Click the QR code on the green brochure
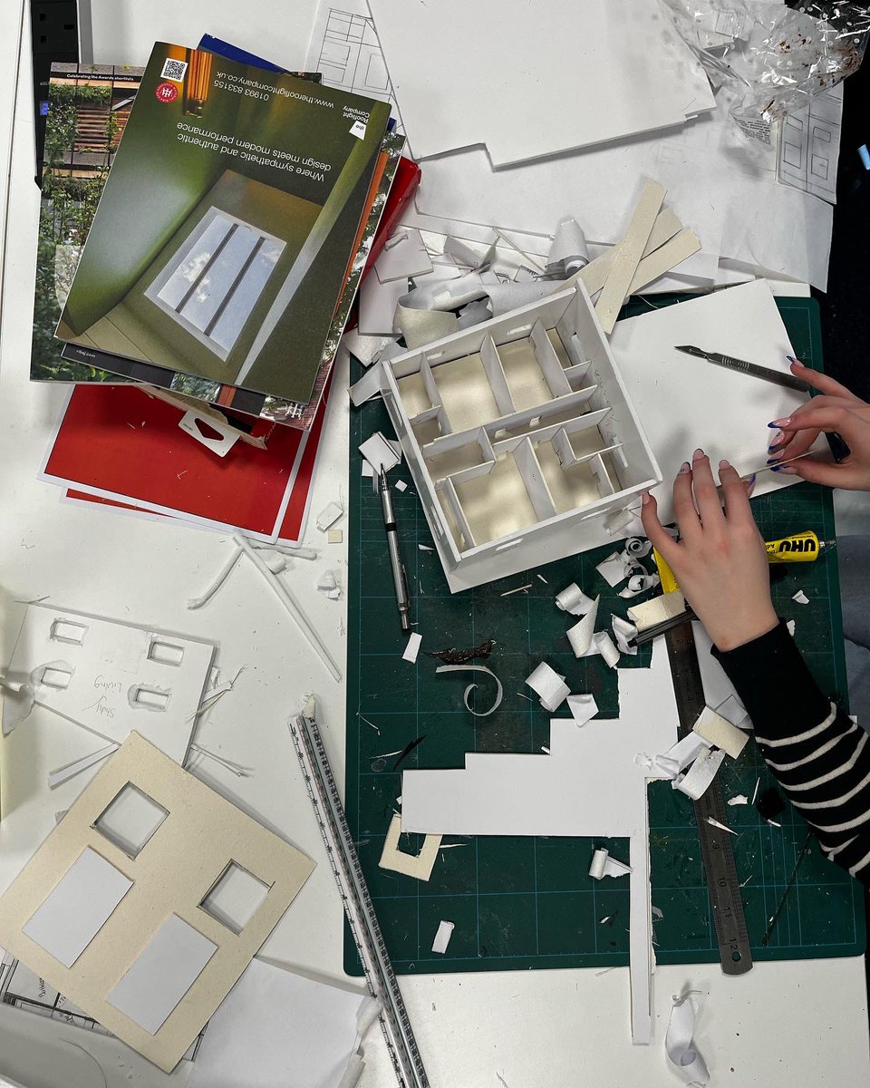(x=174, y=70)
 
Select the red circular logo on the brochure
(x=167, y=92)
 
